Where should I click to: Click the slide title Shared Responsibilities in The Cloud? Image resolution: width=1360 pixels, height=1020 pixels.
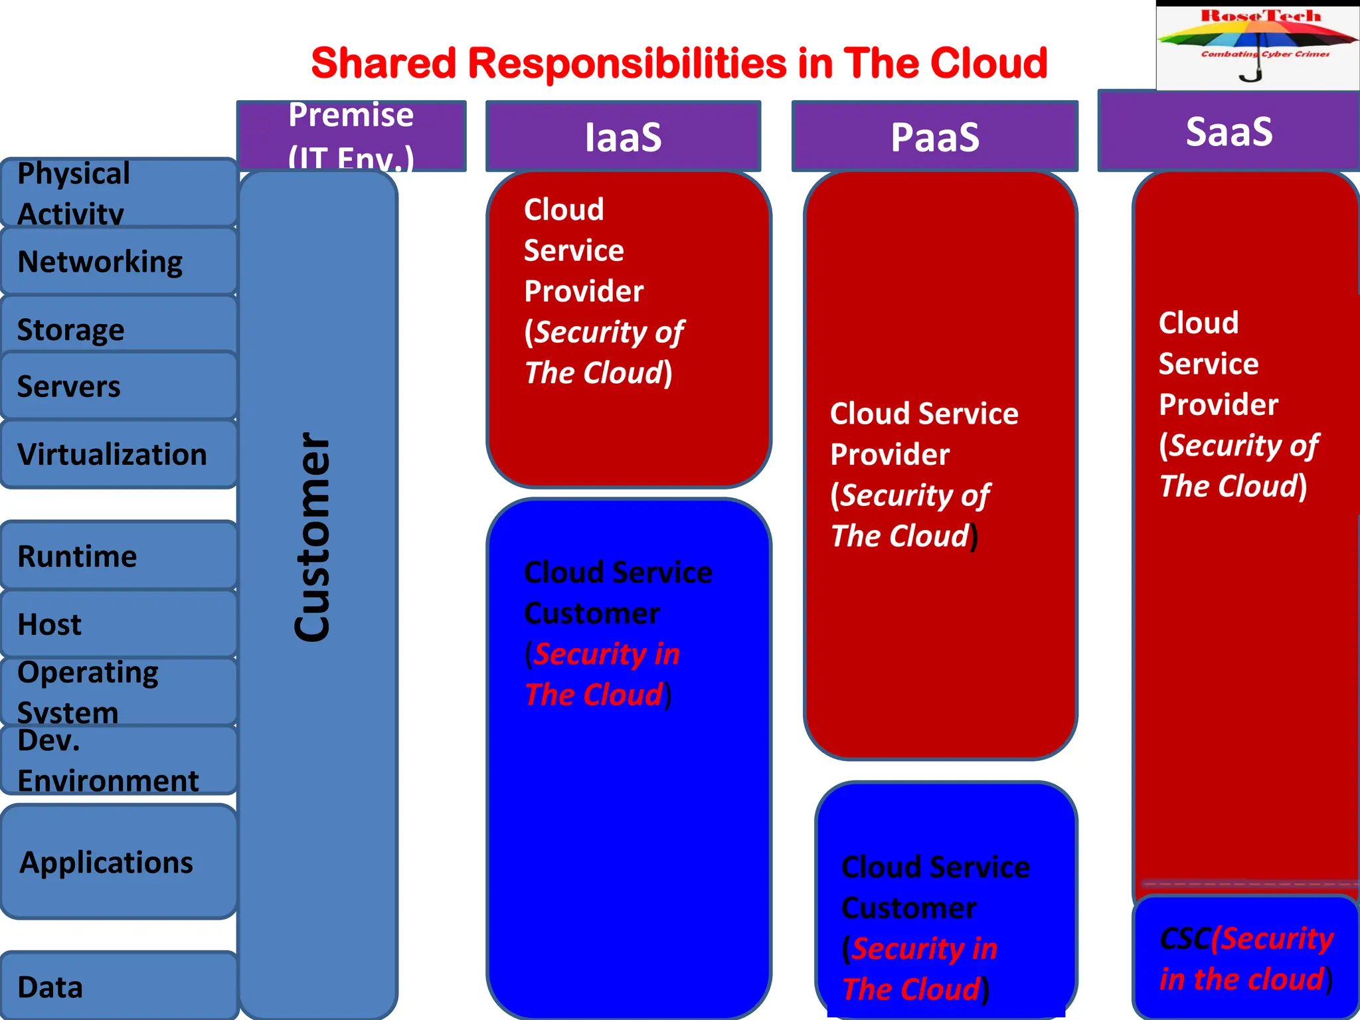point(679,64)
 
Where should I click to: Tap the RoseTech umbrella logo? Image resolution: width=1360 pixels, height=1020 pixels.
point(1258,45)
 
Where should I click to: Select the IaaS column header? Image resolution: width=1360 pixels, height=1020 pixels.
point(623,137)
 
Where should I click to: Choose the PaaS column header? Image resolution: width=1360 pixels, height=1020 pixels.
point(934,137)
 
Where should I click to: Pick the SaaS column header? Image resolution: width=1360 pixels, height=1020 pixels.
point(1229,131)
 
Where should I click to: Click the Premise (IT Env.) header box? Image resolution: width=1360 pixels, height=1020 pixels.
point(351,135)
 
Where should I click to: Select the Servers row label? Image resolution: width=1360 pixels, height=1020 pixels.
point(69,386)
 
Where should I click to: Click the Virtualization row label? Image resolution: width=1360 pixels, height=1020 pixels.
point(112,455)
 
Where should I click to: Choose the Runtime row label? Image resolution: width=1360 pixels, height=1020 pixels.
point(77,556)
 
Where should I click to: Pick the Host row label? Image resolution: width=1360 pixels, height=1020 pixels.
point(50,625)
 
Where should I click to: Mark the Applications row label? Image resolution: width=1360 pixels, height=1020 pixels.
point(106,863)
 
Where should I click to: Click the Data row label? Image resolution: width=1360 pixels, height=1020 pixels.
point(50,987)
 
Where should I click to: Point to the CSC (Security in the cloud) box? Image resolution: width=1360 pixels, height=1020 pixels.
point(1246,959)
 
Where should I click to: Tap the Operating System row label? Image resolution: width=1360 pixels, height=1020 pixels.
point(88,692)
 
